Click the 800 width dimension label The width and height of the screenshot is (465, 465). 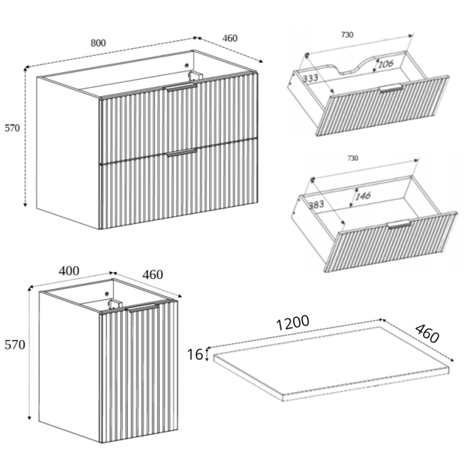[98, 43]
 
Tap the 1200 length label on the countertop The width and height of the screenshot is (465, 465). [293, 322]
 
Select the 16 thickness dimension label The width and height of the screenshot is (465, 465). [195, 354]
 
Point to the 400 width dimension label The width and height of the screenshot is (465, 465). [69, 270]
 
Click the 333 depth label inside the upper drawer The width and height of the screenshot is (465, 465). [311, 78]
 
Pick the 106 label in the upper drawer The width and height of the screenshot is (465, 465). [386, 64]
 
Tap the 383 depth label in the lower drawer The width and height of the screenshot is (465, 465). [316, 205]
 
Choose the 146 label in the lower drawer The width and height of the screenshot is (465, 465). [363, 196]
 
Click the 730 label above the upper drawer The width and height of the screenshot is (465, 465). [347, 35]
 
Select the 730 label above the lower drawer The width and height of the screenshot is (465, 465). [353, 158]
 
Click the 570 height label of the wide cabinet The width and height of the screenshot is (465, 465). [12, 128]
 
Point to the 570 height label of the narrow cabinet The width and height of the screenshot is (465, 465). [15, 345]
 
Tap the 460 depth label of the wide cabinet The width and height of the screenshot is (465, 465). [230, 38]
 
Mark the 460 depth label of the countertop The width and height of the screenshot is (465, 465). [427, 333]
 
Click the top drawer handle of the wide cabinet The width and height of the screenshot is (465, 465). [181, 87]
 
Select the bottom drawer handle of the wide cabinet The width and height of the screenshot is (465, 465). [182, 153]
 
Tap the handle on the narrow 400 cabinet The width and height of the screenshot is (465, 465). [144, 308]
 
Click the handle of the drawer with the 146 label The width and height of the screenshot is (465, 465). [399, 224]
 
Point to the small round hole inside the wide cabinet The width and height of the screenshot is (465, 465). [187, 66]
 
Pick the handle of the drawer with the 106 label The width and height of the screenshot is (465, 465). [391, 88]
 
